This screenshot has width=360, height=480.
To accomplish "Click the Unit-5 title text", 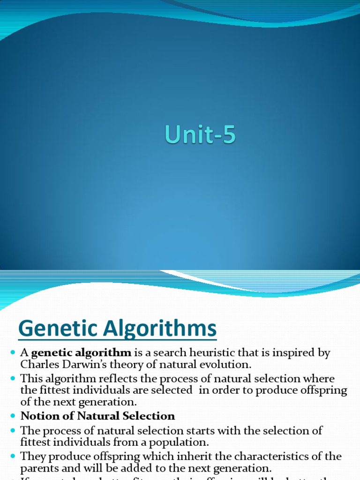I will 200,136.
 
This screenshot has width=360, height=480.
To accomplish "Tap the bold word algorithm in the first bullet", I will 105,353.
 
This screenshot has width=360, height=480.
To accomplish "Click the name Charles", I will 37,364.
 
